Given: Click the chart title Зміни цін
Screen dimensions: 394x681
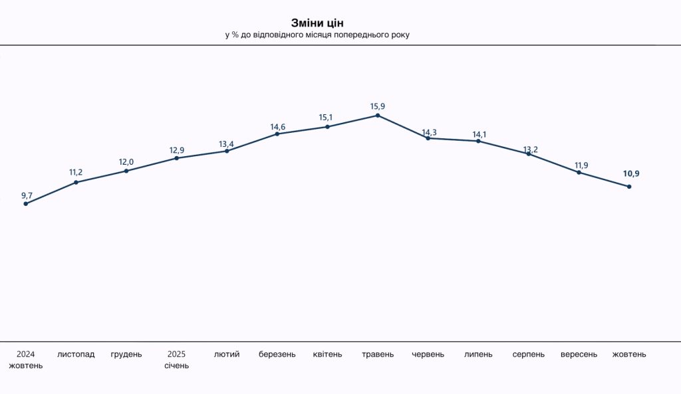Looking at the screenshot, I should (x=317, y=23).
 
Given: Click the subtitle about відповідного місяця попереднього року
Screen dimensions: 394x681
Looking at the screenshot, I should (x=317, y=35).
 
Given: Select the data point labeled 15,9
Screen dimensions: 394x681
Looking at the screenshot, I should (x=378, y=116).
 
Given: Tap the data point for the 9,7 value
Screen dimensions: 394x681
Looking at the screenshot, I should (x=26, y=204).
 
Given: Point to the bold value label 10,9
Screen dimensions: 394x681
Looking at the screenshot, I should (x=631, y=174).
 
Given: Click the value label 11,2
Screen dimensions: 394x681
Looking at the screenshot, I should (x=76, y=173).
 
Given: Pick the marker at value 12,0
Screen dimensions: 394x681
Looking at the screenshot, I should (x=126, y=171).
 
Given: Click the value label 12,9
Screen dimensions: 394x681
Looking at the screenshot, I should (x=176, y=150).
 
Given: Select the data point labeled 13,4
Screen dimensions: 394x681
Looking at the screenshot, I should (x=227, y=151).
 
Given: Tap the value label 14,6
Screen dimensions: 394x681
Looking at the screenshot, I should (x=278, y=127).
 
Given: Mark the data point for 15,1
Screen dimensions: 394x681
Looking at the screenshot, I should (x=327, y=127).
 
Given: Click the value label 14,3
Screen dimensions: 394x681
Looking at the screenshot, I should (x=430, y=132).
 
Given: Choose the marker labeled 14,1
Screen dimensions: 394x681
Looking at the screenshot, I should (x=478, y=142).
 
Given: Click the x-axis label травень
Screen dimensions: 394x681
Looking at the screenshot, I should (x=378, y=354).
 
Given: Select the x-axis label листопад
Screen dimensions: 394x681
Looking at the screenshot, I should (x=76, y=354).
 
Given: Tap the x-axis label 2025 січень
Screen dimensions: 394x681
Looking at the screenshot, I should (x=176, y=359).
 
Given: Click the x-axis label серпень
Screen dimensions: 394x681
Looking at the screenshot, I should (x=529, y=354).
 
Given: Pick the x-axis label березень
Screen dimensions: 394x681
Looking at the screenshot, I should (x=277, y=354).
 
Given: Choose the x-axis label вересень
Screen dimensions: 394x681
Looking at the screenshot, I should (x=579, y=354).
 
